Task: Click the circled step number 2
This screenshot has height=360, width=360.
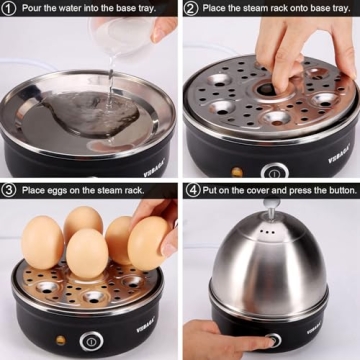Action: pos(190,8)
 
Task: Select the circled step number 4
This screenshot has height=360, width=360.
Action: pos(190,189)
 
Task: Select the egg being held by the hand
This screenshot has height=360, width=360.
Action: pos(149,244)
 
